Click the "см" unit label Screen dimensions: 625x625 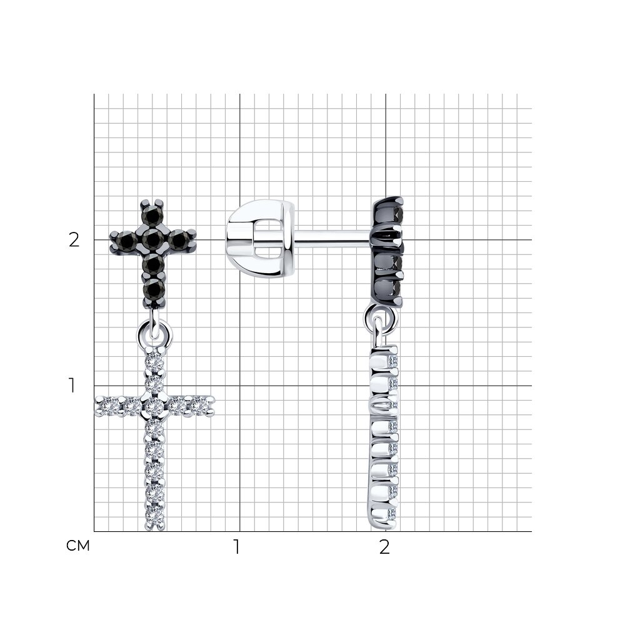(x=78, y=546)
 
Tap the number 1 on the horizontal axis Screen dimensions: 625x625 (x=237, y=547)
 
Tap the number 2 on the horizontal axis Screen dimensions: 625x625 (x=384, y=547)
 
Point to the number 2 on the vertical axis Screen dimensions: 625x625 (x=74, y=240)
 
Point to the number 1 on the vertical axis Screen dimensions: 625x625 (x=72, y=386)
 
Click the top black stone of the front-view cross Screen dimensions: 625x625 (x=152, y=216)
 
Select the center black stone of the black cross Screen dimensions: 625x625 (x=152, y=239)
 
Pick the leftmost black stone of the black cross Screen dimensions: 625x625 (x=127, y=240)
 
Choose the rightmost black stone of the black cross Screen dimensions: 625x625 (x=179, y=240)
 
